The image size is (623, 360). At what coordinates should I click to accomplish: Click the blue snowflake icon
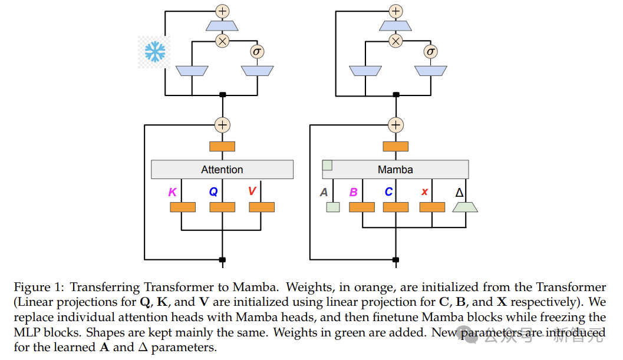point(154,52)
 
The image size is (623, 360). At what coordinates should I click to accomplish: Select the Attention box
point(222,170)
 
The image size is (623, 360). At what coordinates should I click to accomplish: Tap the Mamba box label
point(395,170)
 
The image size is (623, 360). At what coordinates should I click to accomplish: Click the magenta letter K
point(173,191)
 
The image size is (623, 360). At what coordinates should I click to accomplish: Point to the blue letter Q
point(213,191)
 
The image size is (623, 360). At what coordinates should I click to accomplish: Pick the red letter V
point(252,191)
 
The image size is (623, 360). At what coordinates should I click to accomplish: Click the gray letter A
point(324,192)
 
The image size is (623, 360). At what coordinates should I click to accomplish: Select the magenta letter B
point(354,192)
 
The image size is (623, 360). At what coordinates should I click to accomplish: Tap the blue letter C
point(388,192)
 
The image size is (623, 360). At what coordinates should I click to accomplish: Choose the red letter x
point(424,192)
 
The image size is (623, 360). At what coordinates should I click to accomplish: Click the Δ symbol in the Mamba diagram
point(460,193)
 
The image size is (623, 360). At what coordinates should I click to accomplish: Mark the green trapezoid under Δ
point(465,207)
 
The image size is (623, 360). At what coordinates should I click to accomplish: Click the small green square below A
point(333,207)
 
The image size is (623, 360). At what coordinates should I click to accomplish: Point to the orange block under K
point(183,207)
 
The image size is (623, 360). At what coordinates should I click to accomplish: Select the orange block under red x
point(432,207)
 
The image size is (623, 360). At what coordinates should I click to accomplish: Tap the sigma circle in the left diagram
point(256,51)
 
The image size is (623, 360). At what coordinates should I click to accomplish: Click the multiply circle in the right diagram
point(396,41)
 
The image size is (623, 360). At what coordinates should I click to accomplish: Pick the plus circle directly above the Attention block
point(222,125)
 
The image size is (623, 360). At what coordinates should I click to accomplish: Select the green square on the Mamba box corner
point(328,165)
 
